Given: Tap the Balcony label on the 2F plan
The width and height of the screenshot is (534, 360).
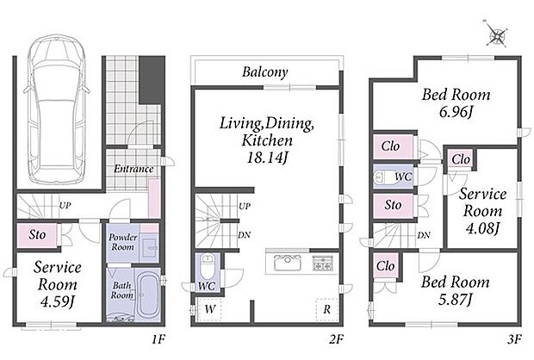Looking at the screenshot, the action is click(265, 72).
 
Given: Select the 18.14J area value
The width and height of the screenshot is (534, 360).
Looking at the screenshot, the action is click(267, 158).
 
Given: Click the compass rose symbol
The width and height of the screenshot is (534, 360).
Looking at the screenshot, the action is click(497, 34).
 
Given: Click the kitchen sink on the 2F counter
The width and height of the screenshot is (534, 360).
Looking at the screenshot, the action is click(288, 263).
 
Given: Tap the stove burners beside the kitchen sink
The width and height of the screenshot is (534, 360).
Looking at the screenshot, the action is click(322, 263).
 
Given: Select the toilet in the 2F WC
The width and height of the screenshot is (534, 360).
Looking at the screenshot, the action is click(207, 267).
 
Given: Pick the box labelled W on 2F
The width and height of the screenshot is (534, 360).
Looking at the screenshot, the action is click(210, 309).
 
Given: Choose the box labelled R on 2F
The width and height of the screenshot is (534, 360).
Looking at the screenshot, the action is click(326, 309).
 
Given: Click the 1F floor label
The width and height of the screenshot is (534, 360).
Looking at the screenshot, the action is click(158, 339).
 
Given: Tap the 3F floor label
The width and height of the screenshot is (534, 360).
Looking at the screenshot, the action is click(514, 339).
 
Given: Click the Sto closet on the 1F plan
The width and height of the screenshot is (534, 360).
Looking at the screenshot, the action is click(37, 234).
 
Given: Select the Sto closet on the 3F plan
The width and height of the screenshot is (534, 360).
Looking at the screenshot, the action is click(393, 205).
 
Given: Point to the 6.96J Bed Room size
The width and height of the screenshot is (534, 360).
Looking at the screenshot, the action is click(456, 112).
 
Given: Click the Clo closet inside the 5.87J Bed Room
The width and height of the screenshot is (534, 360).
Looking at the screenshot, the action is click(386, 265).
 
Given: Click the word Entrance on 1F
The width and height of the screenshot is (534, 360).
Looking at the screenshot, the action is click(133, 169).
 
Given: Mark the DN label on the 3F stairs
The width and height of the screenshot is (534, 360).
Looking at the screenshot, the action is click(424, 235).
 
